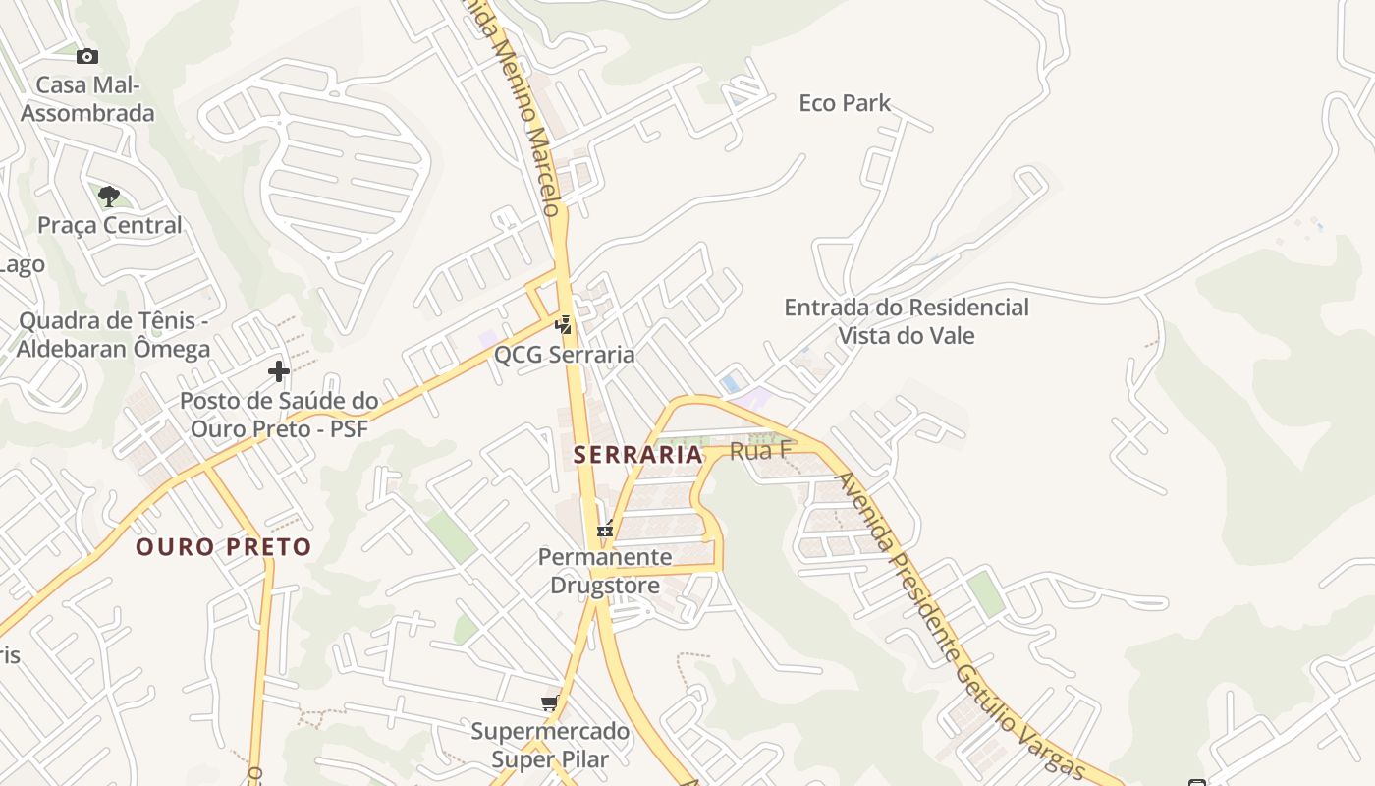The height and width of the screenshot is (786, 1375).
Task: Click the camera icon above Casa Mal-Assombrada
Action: click(87, 57)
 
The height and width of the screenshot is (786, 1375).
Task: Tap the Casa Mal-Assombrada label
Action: click(87, 99)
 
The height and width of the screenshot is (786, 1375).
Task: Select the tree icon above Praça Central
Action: click(109, 195)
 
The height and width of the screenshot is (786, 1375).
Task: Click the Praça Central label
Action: click(110, 225)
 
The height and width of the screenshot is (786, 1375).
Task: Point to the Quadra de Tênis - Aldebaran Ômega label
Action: click(114, 335)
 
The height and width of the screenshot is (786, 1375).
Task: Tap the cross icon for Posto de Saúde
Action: click(279, 371)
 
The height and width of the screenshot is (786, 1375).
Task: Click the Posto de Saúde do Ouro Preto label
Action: click(279, 415)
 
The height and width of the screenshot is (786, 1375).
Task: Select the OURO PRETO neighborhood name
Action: click(224, 547)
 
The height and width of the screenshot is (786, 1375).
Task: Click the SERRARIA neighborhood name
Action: click(638, 455)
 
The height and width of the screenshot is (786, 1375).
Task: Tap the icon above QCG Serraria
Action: click(564, 323)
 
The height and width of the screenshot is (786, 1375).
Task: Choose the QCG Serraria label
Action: click(565, 355)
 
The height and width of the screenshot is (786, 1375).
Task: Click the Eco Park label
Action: click(845, 103)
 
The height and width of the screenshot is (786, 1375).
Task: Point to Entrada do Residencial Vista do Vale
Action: click(906, 321)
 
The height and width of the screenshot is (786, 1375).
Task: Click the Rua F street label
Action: click(761, 451)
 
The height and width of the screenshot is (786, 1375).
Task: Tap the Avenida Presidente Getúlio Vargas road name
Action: click(958, 629)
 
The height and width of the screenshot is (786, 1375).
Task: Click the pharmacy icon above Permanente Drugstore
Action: click(605, 529)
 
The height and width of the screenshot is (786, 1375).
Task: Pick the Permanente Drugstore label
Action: click(605, 571)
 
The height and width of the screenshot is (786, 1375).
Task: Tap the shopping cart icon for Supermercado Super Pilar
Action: click(550, 702)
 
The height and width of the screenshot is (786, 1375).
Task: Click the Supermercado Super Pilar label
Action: click(550, 745)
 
